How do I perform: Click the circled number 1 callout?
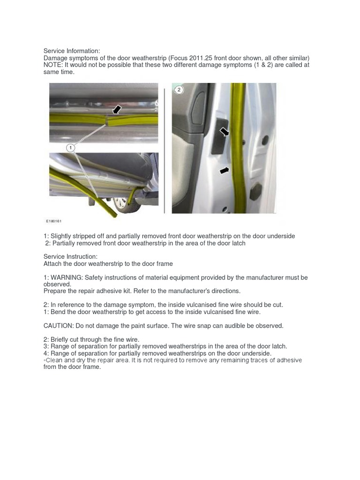click(x=70, y=148)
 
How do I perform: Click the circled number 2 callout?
click(x=179, y=89)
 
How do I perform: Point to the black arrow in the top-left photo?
click(x=116, y=109)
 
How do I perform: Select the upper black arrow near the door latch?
click(x=225, y=132)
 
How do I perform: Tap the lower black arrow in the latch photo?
click(x=225, y=171)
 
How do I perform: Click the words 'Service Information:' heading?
click(x=72, y=51)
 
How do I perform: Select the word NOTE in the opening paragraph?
click(x=52, y=65)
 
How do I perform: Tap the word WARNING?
click(x=67, y=277)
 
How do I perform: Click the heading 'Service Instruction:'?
click(x=70, y=257)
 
